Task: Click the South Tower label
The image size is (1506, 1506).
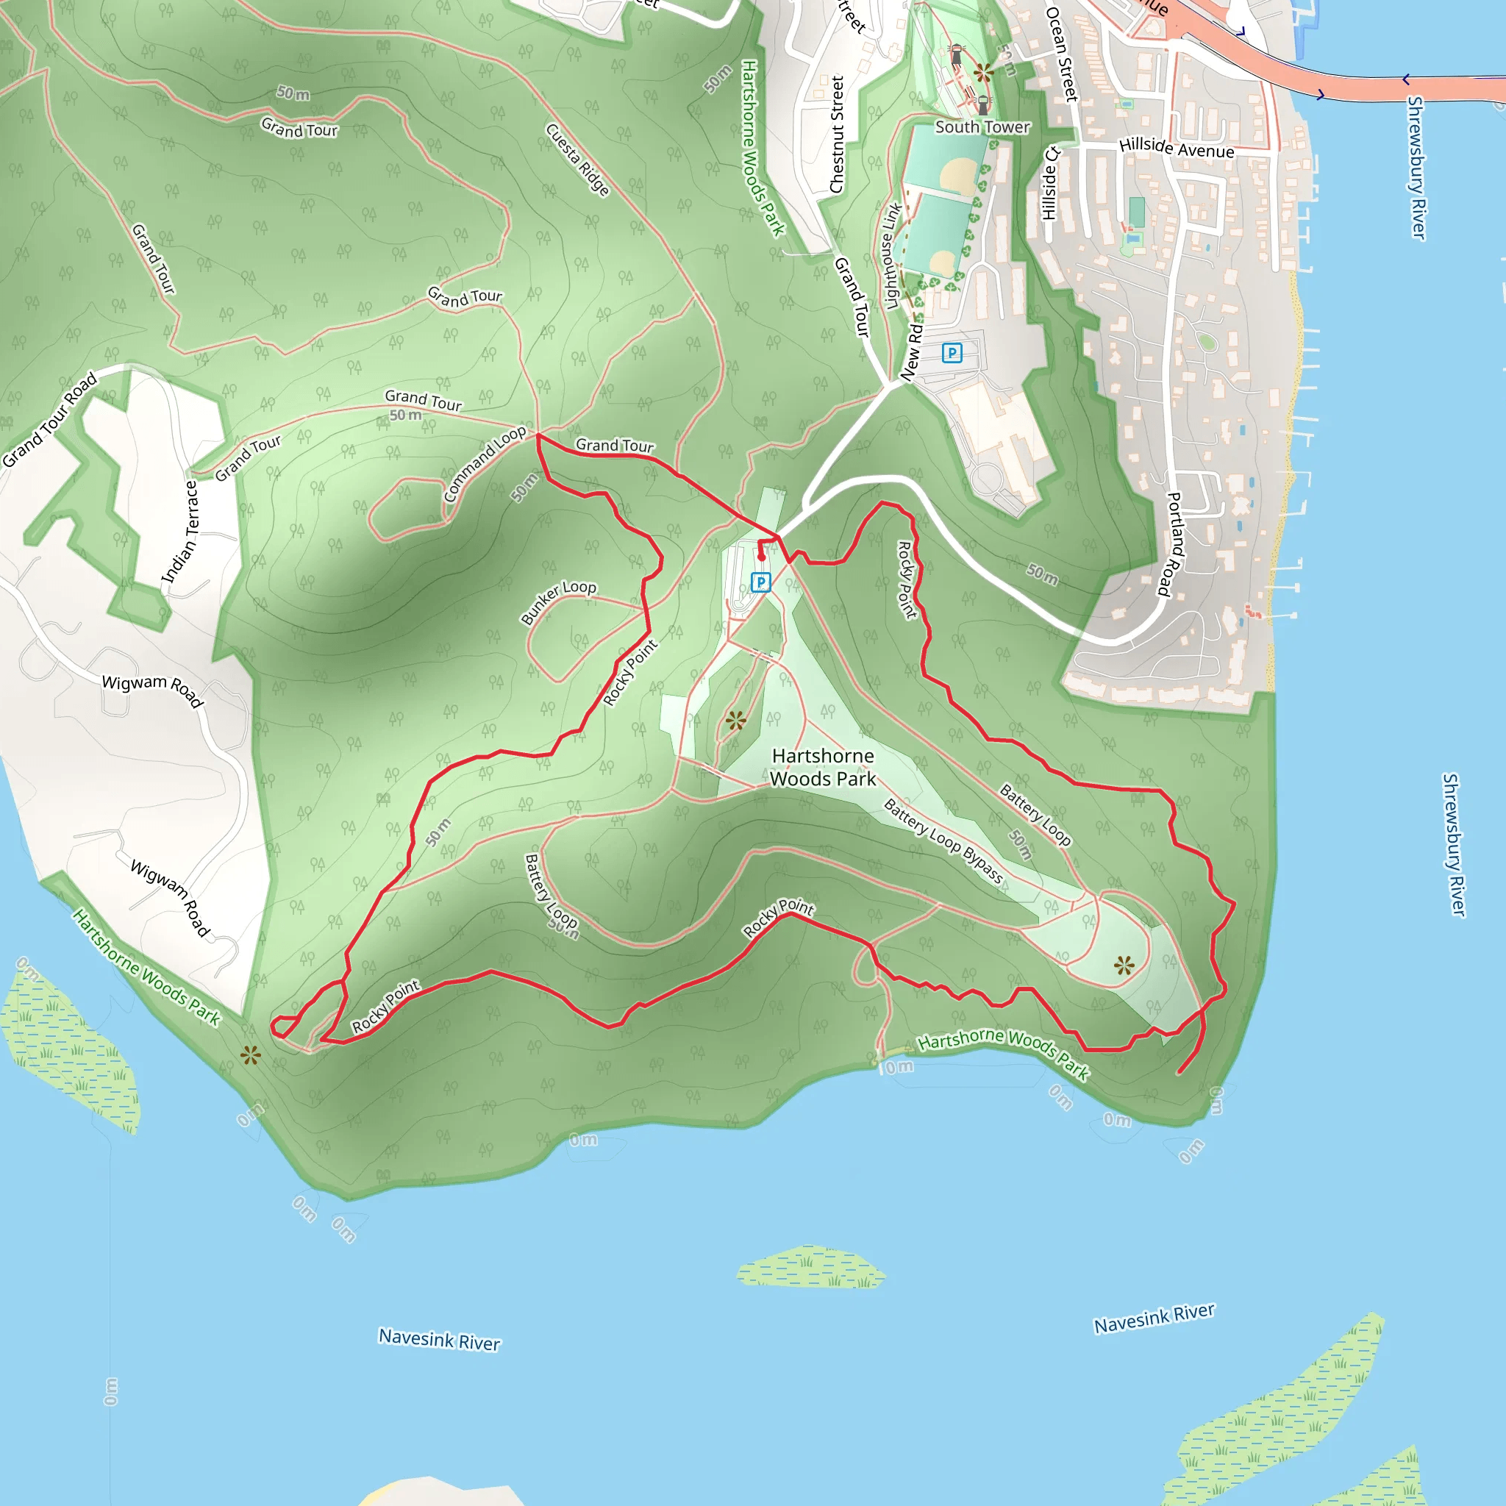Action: click(x=982, y=126)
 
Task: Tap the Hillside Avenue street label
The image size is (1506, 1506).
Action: click(x=1177, y=147)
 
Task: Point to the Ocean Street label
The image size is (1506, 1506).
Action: click(x=1061, y=54)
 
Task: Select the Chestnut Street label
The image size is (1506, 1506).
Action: click(x=837, y=134)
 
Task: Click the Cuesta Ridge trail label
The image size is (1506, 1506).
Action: click(x=577, y=160)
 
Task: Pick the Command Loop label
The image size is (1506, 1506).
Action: click(x=484, y=464)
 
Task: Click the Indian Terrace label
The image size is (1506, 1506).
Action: click(x=181, y=532)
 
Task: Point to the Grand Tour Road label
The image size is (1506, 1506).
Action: click(x=49, y=419)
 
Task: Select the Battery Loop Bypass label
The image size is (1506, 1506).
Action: click(x=943, y=841)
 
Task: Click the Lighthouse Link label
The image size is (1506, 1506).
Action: click(x=893, y=257)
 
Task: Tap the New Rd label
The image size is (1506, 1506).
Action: click(x=910, y=353)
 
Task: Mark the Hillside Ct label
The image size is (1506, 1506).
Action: click(x=1050, y=183)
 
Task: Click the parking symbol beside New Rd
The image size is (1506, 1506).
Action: click(x=952, y=353)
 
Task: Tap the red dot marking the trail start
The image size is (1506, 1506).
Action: click(x=762, y=557)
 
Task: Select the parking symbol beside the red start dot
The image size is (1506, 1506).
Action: click(x=761, y=582)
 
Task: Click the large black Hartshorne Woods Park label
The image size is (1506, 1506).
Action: click(x=822, y=767)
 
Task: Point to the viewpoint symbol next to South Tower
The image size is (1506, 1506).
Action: click(x=983, y=74)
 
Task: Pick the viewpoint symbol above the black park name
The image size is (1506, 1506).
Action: click(x=735, y=720)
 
